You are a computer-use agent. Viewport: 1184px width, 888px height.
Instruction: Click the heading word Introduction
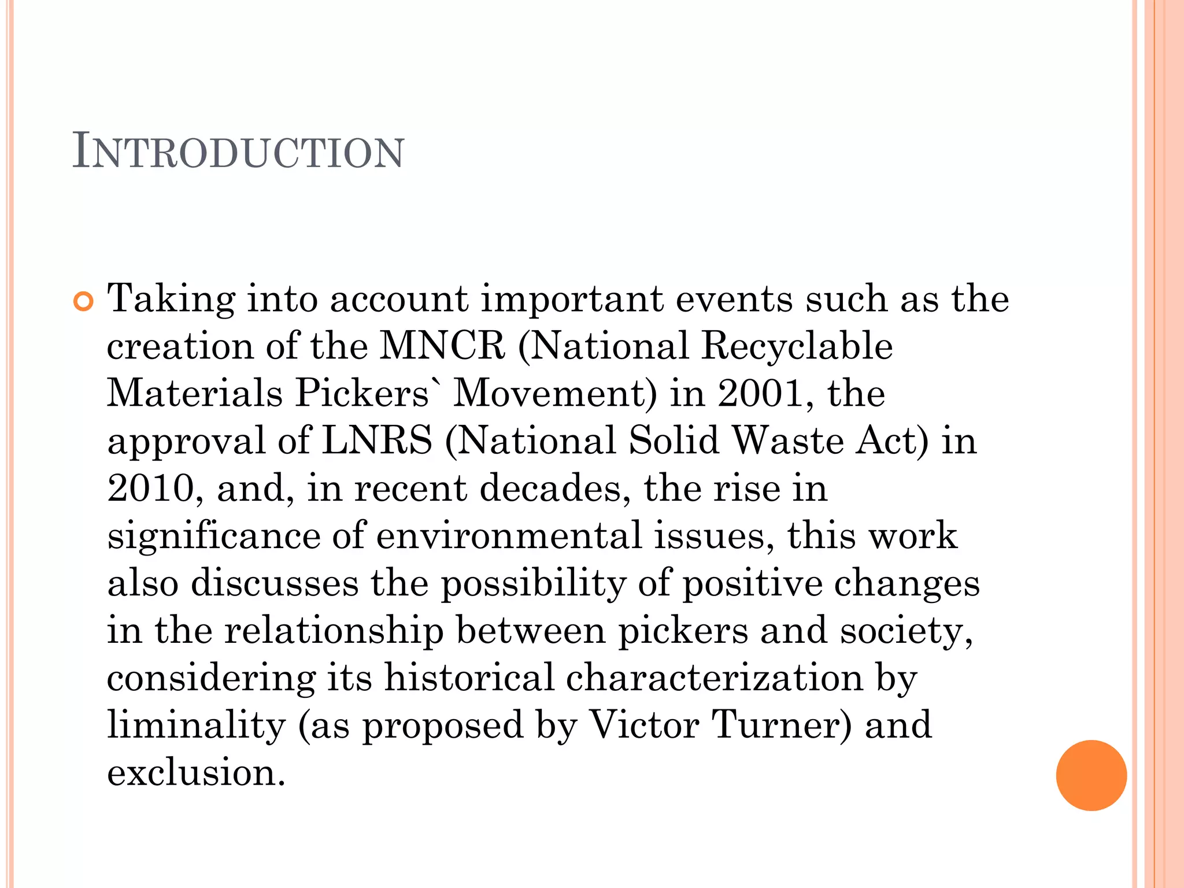pyautogui.click(x=238, y=152)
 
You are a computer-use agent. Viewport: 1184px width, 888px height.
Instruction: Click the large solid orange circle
pyautogui.click(x=1091, y=775)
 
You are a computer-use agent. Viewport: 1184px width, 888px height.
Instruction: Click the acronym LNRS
pyautogui.click(x=376, y=441)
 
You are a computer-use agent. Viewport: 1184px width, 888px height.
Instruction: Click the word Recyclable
pyautogui.click(x=797, y=346)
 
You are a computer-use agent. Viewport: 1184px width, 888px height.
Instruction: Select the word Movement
pyautogui.click(x=554, y=394)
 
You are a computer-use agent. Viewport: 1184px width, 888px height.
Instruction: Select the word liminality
pyautogui.click(x=197, y=726)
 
